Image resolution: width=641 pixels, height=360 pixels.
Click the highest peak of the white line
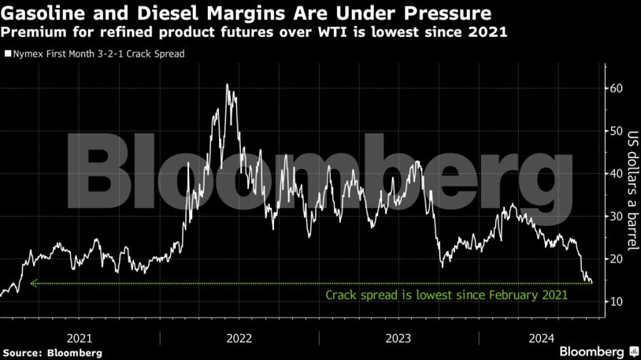[227, 84]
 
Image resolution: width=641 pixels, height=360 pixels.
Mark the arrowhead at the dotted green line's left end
[33, 283]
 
